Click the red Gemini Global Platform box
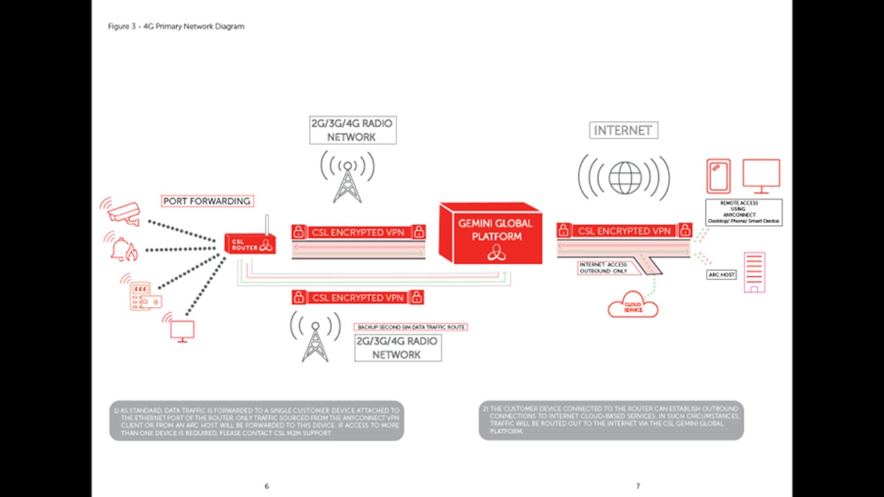(491, 233)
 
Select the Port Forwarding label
(207, 201)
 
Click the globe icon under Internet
(624, 178)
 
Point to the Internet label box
(623, 130)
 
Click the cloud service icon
(633, 305)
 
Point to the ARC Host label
(722, 275)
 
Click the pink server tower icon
(754, 272)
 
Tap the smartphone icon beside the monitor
(718, 176)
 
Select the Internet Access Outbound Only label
(603, 268)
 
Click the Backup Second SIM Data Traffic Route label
(411, 327)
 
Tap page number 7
(637, 486)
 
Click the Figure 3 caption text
(176, 26)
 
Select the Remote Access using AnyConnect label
(743, 212)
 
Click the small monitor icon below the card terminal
(182, 330)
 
